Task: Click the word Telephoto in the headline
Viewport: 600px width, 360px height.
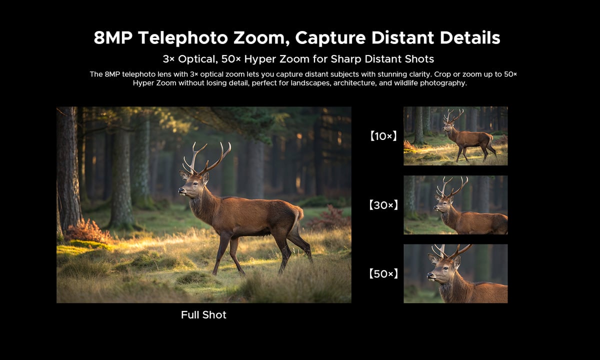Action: click(183, 38)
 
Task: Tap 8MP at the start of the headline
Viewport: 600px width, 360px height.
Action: click(113, 37)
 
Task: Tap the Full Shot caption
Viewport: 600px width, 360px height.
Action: click(203, 315)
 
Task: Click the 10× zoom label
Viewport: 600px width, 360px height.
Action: click(383, 136)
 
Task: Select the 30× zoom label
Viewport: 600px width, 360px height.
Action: click(383, 205)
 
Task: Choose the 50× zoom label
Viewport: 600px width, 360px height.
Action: click(383, 274)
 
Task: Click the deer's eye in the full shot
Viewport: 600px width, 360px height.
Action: click(195, 184)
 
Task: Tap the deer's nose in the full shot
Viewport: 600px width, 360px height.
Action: click(181, 190)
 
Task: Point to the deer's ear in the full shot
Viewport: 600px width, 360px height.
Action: click(205, 177)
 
